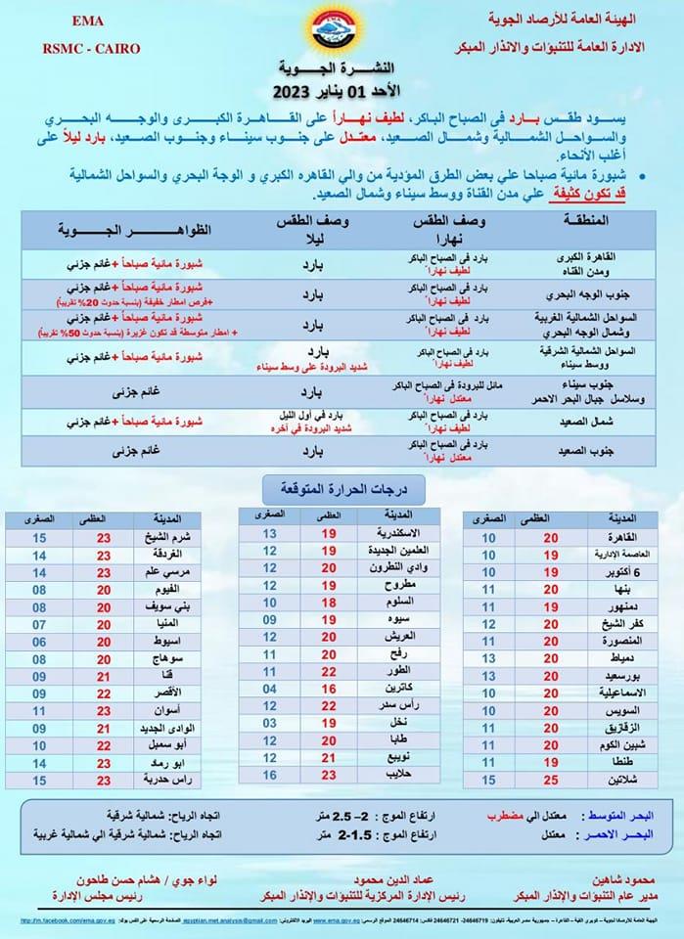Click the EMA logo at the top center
tap(342, 30)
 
